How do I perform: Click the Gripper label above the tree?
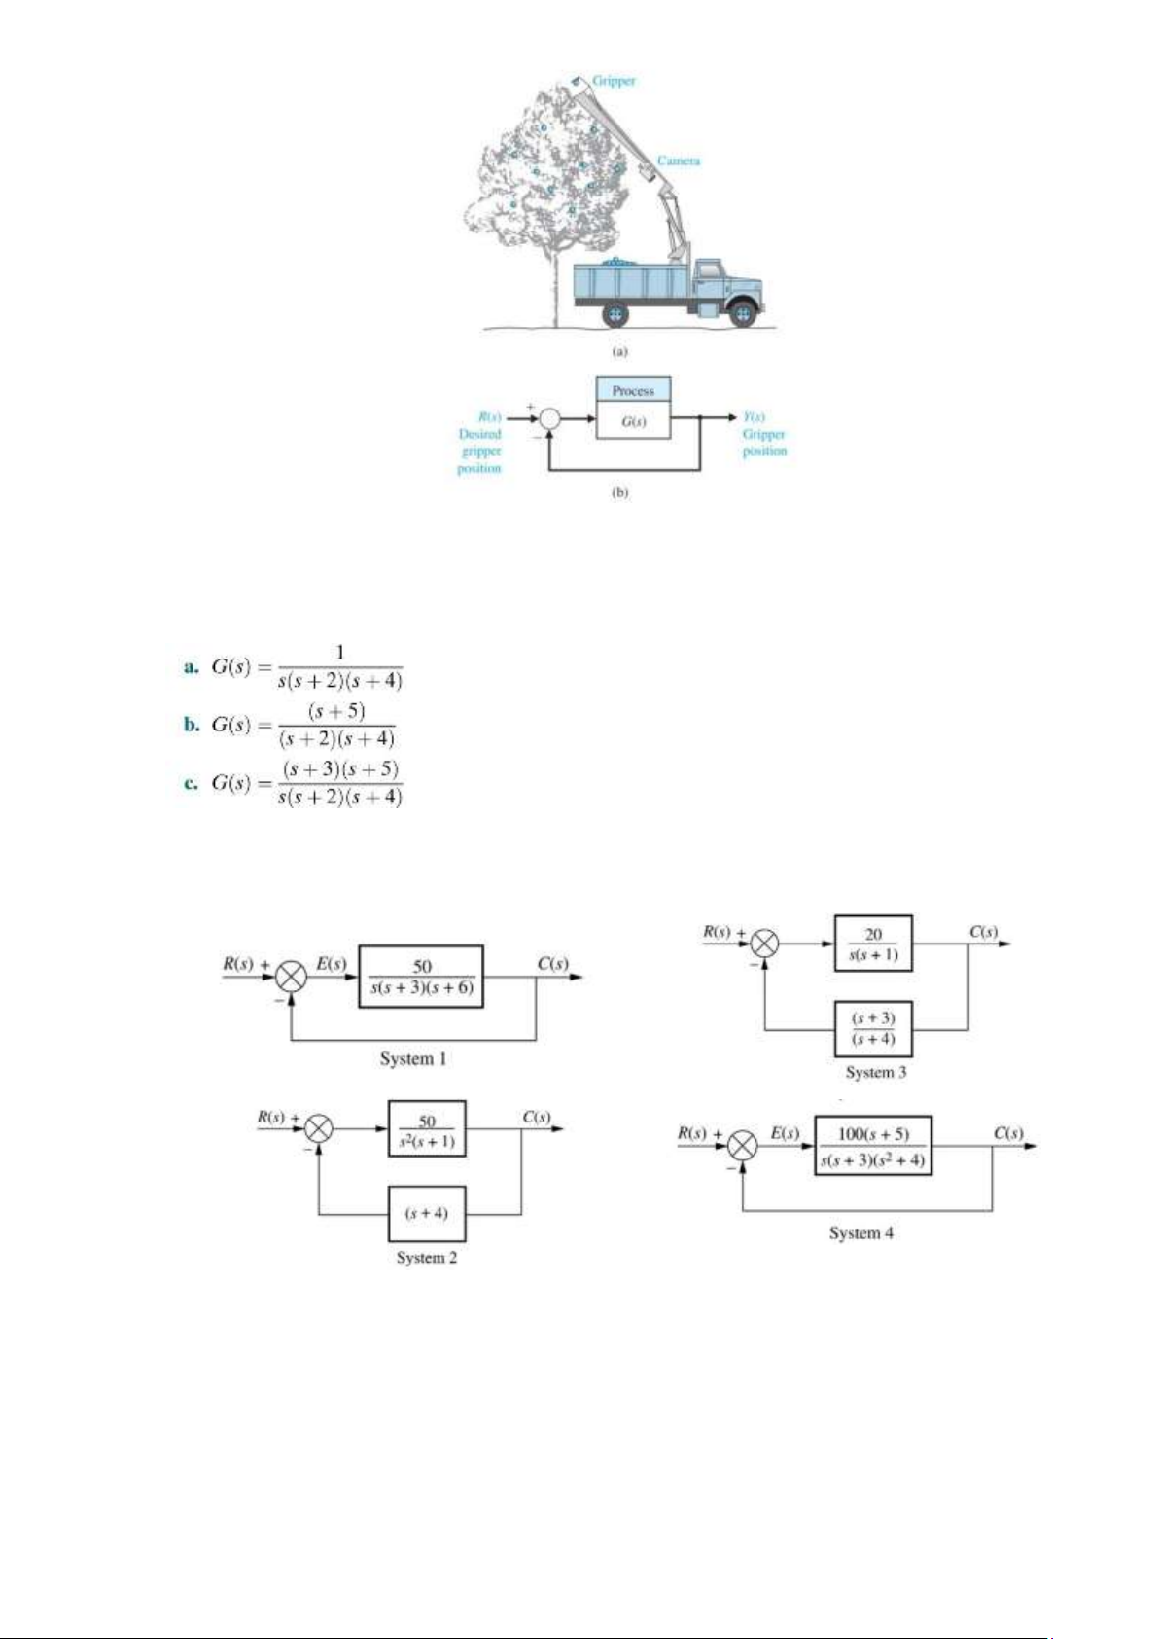point(614,81)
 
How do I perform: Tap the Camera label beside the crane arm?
point(678,160)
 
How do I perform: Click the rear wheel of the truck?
point(615,314)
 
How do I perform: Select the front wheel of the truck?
point(743,313)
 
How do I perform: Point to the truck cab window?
point(709,268)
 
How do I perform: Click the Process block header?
point(633,390)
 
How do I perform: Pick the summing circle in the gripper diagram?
point(549,418)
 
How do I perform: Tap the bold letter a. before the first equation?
point(192,667)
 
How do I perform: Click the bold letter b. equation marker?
point(192,725)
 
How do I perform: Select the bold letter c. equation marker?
point(192,783)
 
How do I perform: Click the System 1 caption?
point(413,1058)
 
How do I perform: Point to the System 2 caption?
point(426,1258)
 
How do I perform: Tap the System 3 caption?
point(875,1072)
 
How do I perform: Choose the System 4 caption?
point(860,1233)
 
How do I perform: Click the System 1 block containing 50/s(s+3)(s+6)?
point(421,977)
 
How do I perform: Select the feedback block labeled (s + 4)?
point(427,1213)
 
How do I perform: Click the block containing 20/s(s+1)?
point(873,944)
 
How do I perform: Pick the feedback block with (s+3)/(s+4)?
point(873,1028)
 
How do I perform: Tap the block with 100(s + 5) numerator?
point(873,1146)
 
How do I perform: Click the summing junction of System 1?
point(292,976)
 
